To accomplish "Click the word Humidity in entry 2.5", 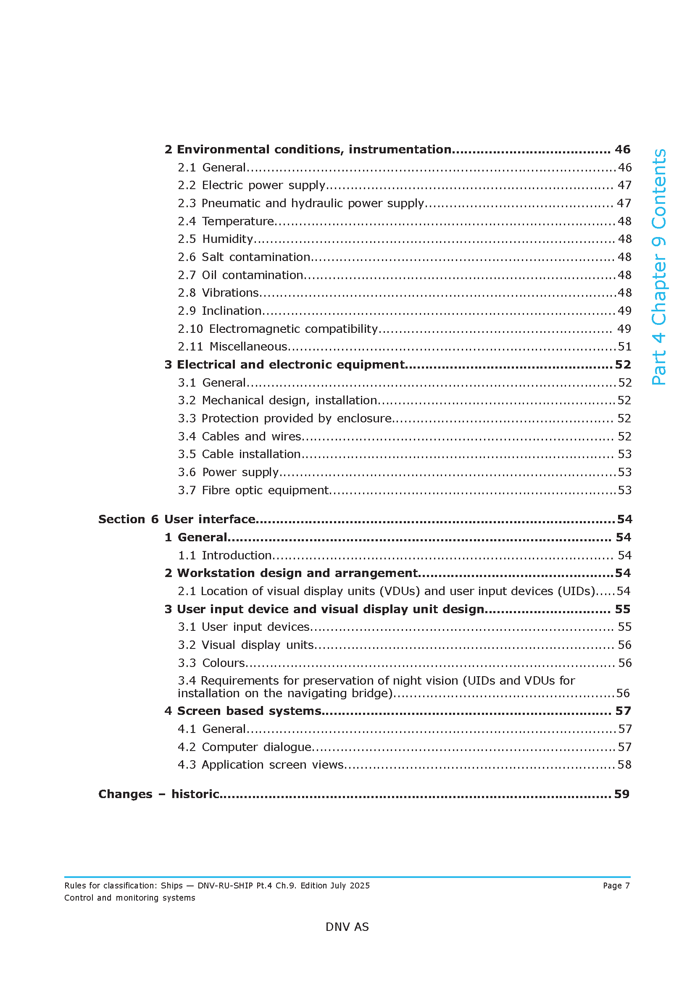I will coord(227,239).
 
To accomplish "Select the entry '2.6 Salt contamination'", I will coord(244,257).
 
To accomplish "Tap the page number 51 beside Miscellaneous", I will coord(624,346).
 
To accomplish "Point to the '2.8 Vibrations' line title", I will coord(218,293).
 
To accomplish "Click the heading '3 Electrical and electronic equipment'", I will coord(284,364).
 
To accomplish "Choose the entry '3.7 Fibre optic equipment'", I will coord(253,490).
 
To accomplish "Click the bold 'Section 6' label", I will coord(129,519).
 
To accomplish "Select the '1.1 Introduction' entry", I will coord(225,555).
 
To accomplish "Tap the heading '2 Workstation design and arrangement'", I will coord(291,573).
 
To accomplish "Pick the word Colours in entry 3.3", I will coord(224,663).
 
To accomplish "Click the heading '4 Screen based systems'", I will coord(242,711).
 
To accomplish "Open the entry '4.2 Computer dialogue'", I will coord(245,747).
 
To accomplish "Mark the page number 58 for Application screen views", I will coord(624,764).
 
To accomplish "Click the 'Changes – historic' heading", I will coord(159,794).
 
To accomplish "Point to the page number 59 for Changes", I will coord(622,794).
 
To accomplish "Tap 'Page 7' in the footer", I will coord(616,885).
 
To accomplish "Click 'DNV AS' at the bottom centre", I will coord(347,927).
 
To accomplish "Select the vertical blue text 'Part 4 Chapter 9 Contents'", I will coord(658,267).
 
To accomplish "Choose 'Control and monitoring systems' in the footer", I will coord(130,898).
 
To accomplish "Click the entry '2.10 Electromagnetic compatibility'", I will coord(278,329).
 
